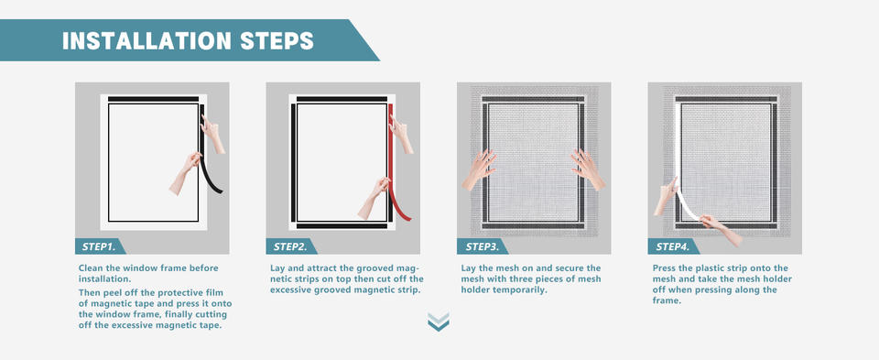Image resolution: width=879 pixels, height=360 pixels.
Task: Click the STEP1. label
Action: point(99,246)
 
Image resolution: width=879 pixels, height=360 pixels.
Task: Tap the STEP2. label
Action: point(290,246)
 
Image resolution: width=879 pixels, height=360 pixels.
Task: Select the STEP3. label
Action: point(482,246)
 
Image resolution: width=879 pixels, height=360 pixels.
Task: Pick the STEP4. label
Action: point(673,246)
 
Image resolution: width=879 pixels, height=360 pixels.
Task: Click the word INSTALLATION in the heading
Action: point(146,41)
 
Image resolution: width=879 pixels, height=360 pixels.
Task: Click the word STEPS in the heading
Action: point(277,41)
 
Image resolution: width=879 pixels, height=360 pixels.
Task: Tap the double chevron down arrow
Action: point(439,322)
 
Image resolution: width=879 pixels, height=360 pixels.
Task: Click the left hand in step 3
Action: point(478,169)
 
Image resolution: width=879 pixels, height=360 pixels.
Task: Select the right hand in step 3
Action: point(588,169)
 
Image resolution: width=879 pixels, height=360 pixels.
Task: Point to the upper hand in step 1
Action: point(212,134)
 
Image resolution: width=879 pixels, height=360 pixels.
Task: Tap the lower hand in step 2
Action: point(373,198)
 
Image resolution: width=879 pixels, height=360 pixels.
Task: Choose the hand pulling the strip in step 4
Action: point(722,229)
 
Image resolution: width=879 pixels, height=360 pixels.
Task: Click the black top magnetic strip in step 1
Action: point(154,99)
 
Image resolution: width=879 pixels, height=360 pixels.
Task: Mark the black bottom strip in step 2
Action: point(342,226)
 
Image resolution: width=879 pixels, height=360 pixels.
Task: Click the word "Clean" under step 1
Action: point(92,268)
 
